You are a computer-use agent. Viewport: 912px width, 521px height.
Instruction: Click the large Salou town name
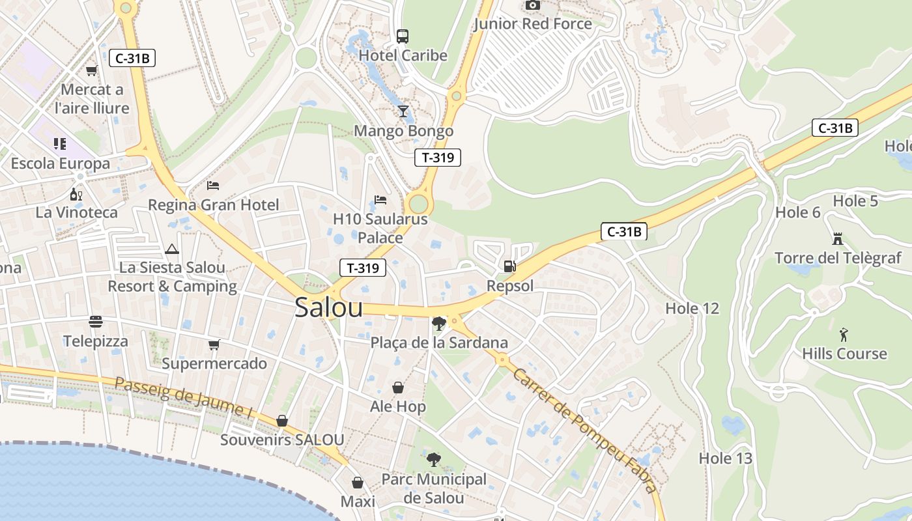(x=328, y=307)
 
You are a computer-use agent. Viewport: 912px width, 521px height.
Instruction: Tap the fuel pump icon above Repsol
(x=509, y=266)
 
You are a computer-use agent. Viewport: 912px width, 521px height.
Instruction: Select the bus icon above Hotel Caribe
(x=403, y=36)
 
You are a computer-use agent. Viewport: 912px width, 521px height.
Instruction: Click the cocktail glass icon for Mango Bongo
(x=403, y=111)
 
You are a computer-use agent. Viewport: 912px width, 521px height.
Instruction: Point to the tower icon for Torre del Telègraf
(x=838, y=238)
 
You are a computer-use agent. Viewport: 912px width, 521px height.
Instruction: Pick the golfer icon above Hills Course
(x=844, y=335)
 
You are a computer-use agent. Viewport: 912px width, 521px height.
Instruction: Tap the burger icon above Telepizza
(x=96, y=322)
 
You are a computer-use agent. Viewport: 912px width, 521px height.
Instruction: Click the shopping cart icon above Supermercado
(x=214, y=344)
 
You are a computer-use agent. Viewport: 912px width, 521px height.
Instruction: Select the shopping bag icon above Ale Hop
(x=398, y=387)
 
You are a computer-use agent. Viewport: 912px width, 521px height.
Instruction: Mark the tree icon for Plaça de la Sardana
(x=439, y=323)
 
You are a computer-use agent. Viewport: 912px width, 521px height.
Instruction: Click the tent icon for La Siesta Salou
(x=172, y=249)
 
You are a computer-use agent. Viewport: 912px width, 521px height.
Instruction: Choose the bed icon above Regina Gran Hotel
(x=213, y=186)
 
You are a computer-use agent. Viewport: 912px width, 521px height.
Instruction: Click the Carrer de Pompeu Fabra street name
(x=583, y=430)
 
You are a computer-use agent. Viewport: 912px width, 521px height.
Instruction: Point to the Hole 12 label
(x=692, y=308)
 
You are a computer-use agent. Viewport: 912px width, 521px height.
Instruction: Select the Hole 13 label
(x=725, y=458)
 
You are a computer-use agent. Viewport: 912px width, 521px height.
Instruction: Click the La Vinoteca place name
(x=77, y=212)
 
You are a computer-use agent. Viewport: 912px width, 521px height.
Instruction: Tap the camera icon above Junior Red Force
(x=532, y=5)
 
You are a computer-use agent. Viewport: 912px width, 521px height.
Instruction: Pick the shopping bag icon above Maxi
(x=358, y=483)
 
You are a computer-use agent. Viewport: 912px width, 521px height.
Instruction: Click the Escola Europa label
(x=61, y=163)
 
